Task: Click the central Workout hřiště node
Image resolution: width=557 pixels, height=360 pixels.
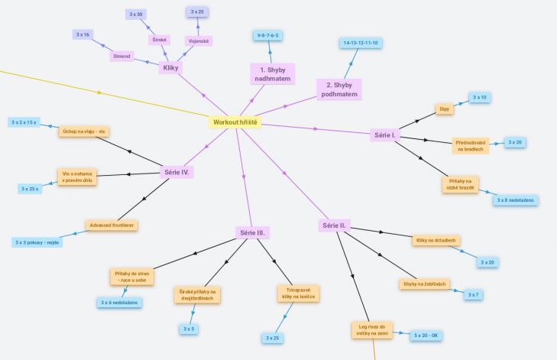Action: click(x=235, y=122)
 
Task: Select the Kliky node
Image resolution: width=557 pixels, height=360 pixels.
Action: click(x=170, y=68)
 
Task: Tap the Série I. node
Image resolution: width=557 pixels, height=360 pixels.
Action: click(x=385, y=135)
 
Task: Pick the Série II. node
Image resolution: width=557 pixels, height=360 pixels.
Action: click(x=334, y=225)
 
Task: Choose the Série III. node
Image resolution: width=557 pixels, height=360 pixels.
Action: click(x=252, y=233)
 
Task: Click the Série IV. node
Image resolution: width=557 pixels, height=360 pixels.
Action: click(x=176, y=173)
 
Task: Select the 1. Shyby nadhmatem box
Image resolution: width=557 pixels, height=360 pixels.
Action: click(x=273, y=74)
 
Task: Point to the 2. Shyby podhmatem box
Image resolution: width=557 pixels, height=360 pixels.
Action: click(x=339, y=89)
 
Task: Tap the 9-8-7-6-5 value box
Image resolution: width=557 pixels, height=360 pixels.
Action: click(x=268, y=35)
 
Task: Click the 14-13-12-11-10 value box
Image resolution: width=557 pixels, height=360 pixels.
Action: click(x=361, y=43)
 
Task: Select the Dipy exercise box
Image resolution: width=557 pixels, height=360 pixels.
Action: click(x=445, y=109)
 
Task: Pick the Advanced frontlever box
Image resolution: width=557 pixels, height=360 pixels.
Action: click(x=112, y=225)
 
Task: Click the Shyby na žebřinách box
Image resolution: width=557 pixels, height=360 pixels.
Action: click(x=425, y=284)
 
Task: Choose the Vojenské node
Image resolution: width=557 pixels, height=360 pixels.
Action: click(x=199, y=41)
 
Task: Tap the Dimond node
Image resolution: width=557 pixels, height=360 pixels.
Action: click(x=121, y=56)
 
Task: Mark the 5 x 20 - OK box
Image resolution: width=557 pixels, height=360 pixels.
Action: click(x=426, y=336)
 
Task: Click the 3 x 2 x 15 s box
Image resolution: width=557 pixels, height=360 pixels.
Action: click(x=24, y=122)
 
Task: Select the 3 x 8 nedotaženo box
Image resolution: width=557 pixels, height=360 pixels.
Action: click(x=516, y=200)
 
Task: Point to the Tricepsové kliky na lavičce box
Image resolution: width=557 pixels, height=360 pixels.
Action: click(x=299, y=294)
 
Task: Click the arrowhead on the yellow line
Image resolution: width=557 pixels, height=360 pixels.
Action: click(x=100, y=92)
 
